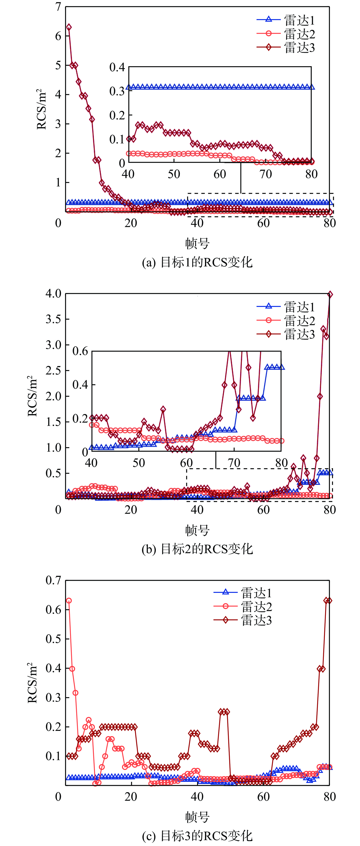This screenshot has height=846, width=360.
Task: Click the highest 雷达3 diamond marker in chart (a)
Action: (x=69, y=27)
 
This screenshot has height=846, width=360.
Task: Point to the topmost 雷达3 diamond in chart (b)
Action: (x=330, y=295)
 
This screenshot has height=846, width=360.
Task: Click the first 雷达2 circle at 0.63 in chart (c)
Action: (x=69, y=601)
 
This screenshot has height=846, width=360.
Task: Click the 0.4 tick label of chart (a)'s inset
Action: (x=117, y=68)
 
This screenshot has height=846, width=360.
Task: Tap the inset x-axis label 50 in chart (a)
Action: (x=174, y=174)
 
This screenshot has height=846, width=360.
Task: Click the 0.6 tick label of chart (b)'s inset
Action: (x=80, y=351)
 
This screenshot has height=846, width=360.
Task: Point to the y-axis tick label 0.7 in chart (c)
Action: (x=54, y=580)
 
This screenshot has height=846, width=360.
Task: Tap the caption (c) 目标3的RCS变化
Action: (x=197, y=836)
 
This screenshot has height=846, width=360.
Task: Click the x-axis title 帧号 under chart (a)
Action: (x=197, y=243)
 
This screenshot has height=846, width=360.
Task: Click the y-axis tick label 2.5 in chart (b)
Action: (x=54, y=370)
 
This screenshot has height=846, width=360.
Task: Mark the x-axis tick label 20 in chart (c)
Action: (x=131, y=797)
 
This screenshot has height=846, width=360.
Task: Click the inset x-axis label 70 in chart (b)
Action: (x=234, y=463)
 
